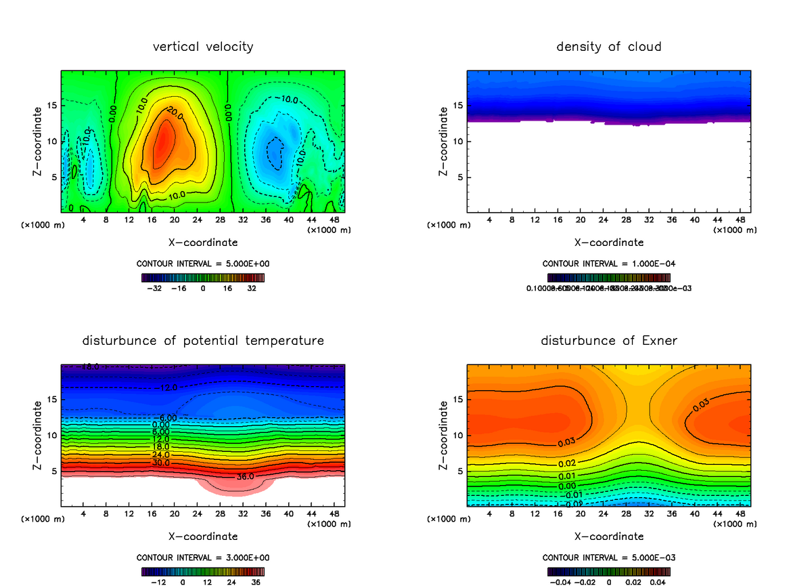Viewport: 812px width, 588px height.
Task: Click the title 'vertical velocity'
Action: coord(203,47)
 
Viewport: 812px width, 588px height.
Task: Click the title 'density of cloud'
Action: coord(609,47)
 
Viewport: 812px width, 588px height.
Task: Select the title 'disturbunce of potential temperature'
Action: coord(203,340)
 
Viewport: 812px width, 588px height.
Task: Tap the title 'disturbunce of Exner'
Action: coord(609,340)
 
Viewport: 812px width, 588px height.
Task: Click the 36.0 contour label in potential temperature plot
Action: coord(245,476)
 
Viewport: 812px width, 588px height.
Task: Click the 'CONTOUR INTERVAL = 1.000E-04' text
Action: coord(609,264)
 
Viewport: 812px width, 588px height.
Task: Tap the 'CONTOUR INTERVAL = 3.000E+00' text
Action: coord(203,558)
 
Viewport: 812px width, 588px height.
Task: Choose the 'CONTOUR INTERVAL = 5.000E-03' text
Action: coord(609,558)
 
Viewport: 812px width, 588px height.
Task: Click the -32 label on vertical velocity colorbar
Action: coord(157,288)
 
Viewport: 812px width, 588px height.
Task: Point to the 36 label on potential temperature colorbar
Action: coord(255,581)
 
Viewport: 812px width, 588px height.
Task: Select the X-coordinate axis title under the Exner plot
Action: coord(609,537)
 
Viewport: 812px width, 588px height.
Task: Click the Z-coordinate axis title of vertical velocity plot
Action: coord(38,142)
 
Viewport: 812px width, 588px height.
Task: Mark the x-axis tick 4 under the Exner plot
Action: coord(489,514)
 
